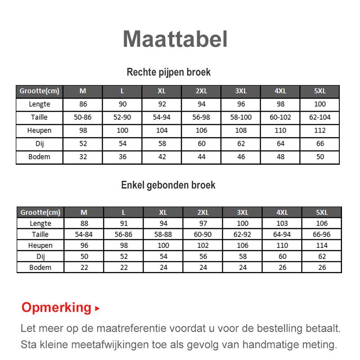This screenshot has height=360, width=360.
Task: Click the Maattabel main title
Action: (x=175, y=39)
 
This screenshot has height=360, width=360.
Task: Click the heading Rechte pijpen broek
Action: (x=169, y=72)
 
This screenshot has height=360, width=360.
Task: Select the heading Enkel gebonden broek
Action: (x=168, y=185)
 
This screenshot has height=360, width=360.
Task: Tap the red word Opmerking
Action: (x=56, y=308)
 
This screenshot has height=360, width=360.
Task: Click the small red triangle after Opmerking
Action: (x=97, y=309)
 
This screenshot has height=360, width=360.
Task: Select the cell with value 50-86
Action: (x=83, y=117)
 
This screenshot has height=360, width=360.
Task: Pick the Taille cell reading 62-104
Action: (x=320, y=117)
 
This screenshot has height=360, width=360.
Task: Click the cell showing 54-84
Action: (x=84, y=234)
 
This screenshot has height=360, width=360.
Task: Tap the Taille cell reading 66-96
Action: (x=322, y=234)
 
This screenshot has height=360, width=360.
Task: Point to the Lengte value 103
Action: (x=282, y=224)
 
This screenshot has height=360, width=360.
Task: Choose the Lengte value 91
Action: (x=124, y=224)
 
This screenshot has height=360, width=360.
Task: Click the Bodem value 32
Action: (x=83, y=157)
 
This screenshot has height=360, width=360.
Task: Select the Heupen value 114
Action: (x=322, y=246)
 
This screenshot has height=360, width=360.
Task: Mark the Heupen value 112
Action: (x=320, y=130)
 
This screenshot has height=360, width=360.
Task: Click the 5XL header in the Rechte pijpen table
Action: (x=320, y=91)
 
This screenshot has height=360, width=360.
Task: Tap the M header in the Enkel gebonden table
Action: (x=84, y=212)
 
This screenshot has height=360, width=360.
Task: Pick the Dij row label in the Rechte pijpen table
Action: (x=40, y=144)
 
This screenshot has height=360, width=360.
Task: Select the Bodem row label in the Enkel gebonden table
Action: (x=40, y=267)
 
